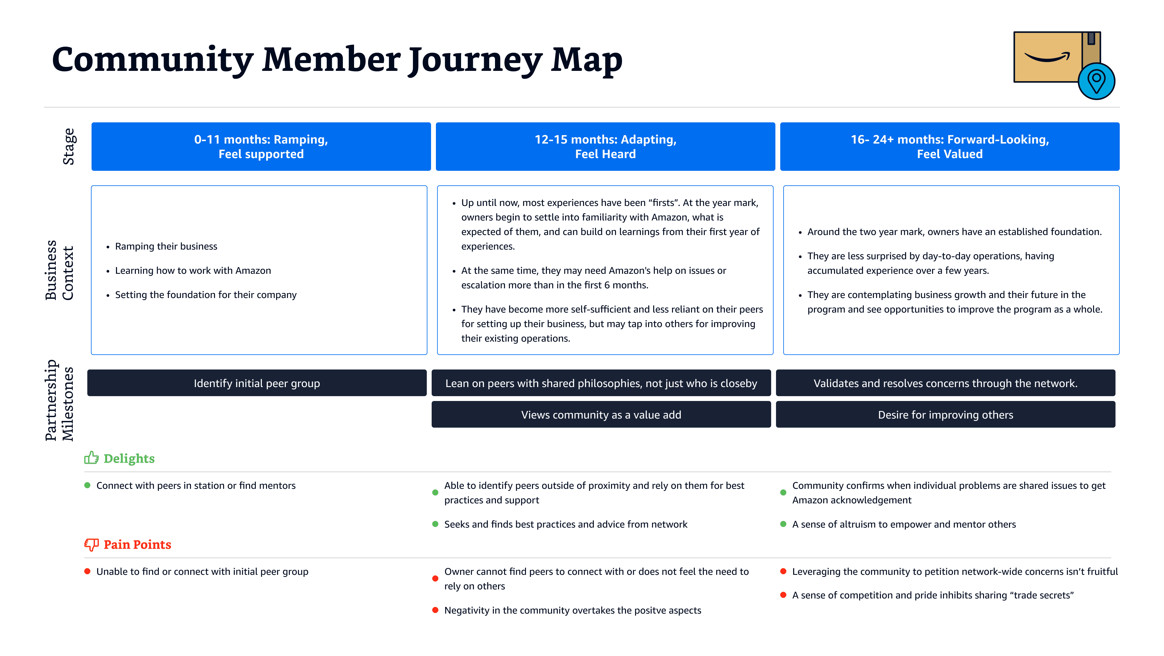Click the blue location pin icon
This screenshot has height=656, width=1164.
(x=1096, y=81)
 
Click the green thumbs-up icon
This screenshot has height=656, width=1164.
(x=91, y=458)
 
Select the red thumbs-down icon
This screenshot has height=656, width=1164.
(x=91, y=545)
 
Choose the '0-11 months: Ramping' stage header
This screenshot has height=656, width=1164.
(x=261, y=146)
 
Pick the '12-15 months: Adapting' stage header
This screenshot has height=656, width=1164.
(x=606, y=146)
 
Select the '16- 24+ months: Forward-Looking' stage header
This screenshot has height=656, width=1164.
(x=950, y=146)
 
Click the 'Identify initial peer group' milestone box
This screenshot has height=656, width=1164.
(x=257, y=383)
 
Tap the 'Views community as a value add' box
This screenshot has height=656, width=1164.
(x=601, y=414)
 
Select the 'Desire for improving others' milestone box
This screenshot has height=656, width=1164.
(x=945, y=414)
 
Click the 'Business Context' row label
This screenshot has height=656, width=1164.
(x=59, y=270)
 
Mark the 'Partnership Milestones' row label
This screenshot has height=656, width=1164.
(x=59, y=400)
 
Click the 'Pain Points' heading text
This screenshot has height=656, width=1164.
(x=137, y=545)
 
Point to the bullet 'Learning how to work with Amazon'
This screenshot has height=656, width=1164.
(x=193, y=270)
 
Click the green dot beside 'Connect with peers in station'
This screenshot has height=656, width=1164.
(x=87, y=485)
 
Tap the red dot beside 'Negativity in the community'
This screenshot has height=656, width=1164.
(x=435, y=610)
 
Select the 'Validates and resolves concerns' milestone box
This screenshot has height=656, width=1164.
(x=945, y=383)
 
